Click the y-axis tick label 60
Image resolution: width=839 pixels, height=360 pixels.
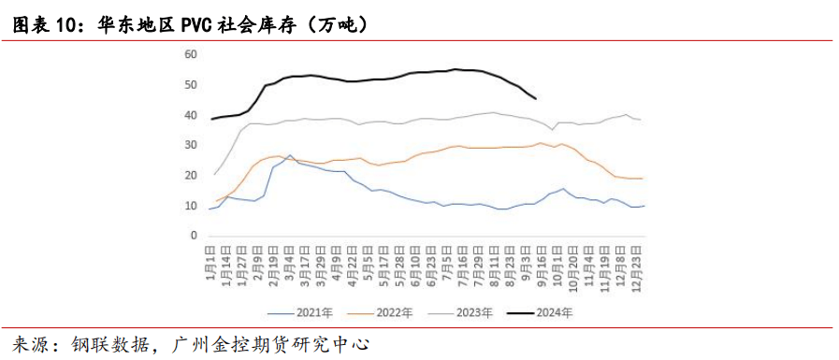coord(190,54)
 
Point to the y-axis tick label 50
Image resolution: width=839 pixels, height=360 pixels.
coord(190,85)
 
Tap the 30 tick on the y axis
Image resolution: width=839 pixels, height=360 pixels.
coord(190,145)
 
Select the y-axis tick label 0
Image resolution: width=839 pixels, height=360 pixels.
coord(193,236)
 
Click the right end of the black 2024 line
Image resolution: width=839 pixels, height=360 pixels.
coord(535,98)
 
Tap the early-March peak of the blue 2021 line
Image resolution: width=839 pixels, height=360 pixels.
coord(290,155)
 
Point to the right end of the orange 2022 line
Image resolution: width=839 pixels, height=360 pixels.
coord(644,179)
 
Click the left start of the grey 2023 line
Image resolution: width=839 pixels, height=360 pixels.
coord(214,175)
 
